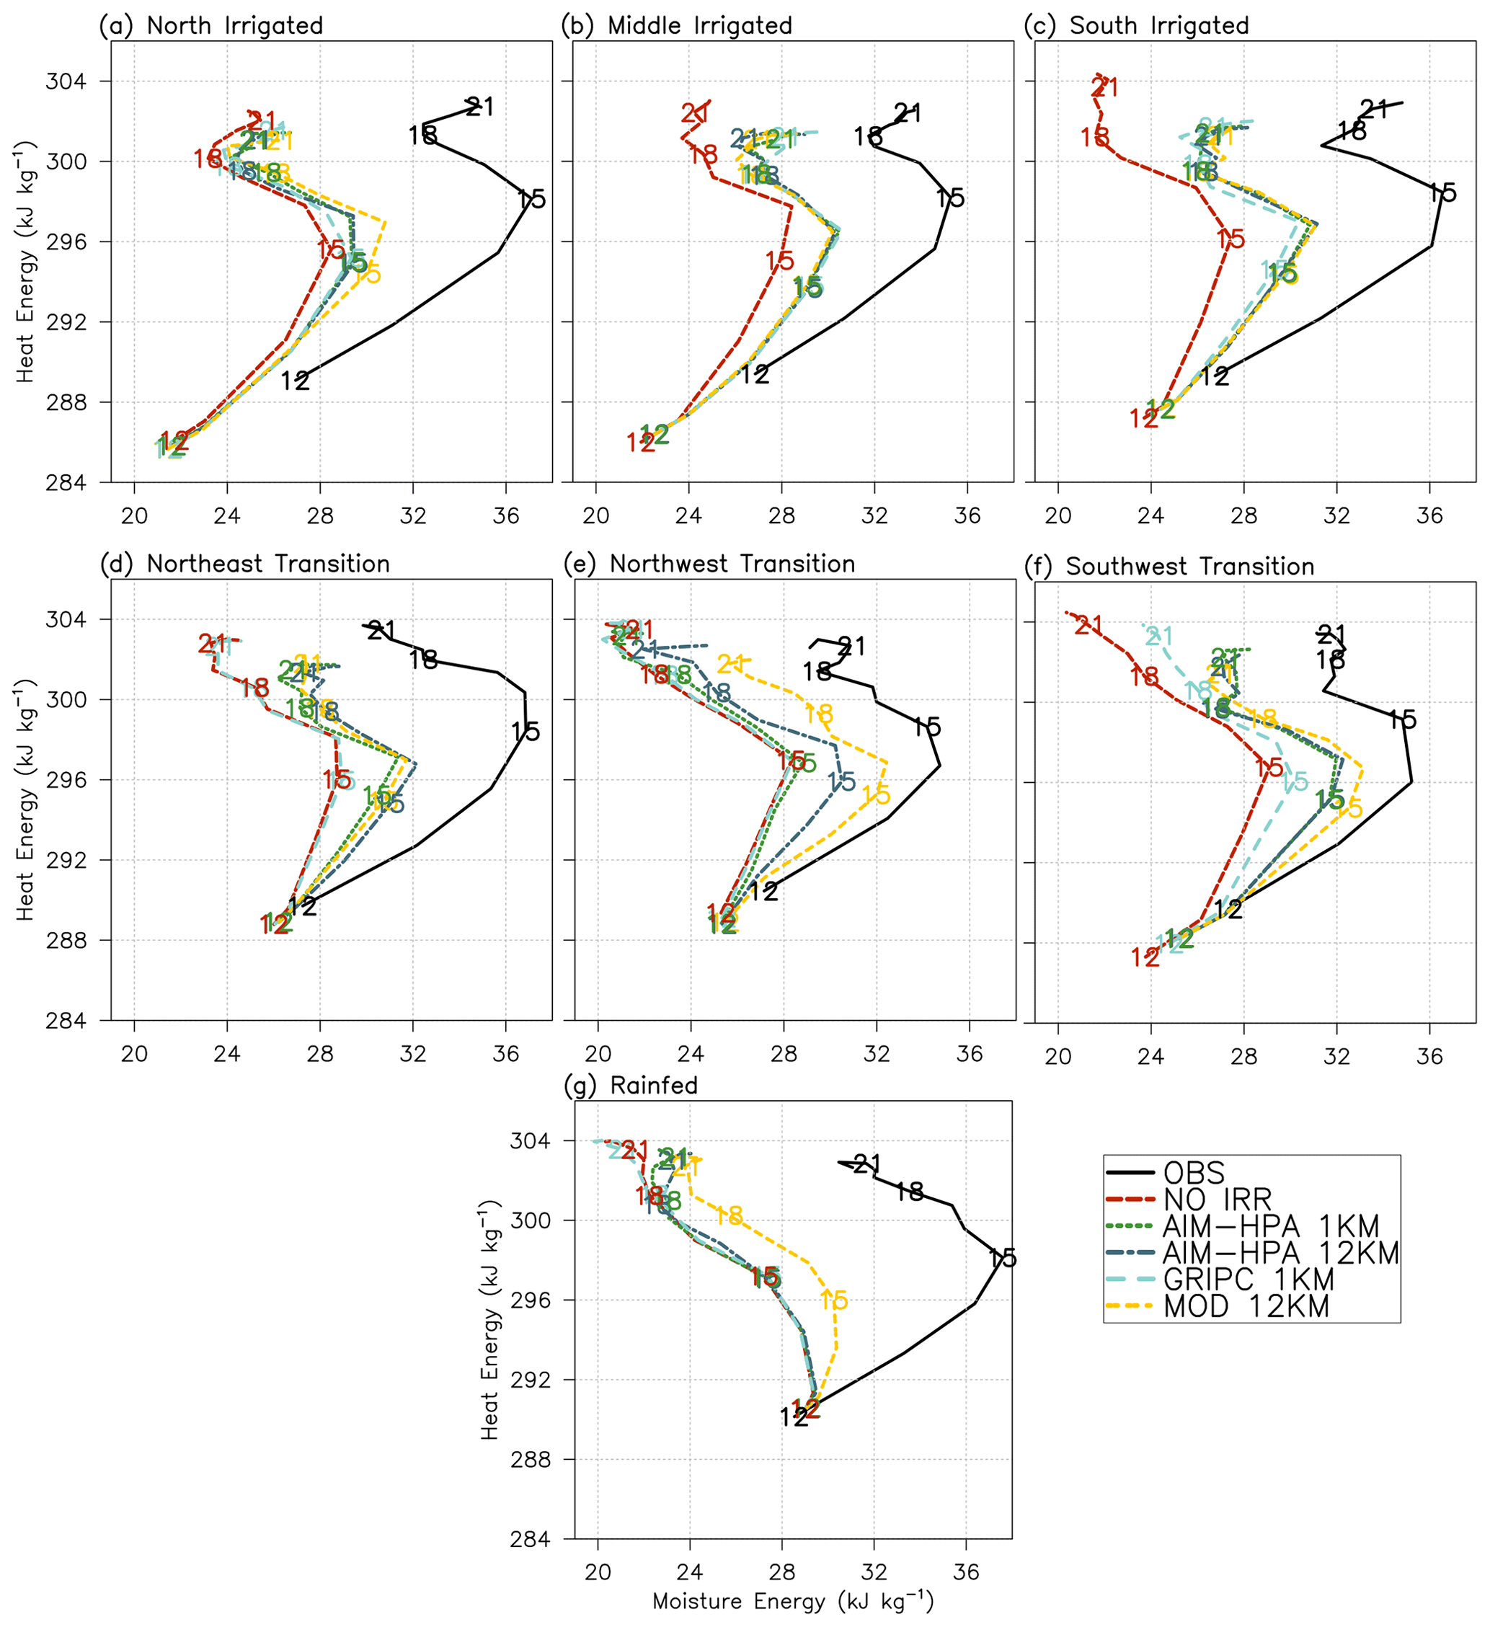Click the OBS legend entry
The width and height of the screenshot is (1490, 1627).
pos(1194,1173)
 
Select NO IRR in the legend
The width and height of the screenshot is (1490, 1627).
pos(1218,1200)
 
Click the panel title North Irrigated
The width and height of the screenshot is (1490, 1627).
pos(235,26)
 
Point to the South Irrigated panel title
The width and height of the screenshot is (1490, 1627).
pos(1159,26)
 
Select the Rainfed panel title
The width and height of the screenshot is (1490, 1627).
pos(654,1086)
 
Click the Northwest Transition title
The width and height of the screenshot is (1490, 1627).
pos(732,564)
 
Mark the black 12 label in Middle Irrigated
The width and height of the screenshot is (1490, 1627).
pos(755,374)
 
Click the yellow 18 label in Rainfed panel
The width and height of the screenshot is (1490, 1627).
pos(729,1215)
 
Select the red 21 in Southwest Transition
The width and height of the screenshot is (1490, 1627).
pos(1088,625)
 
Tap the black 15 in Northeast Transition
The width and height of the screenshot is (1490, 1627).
pos(526,732)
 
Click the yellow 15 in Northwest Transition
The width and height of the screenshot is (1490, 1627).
pos(876,795)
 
